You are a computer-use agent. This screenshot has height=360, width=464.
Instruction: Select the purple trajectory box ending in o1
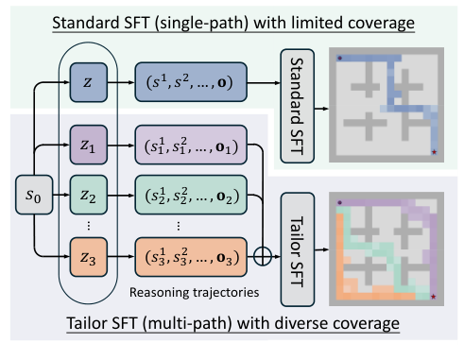click(193, 149)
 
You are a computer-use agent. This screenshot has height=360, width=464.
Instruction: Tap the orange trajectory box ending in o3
click(193, 254)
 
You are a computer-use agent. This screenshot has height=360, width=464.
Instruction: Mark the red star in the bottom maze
click(434, 297)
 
